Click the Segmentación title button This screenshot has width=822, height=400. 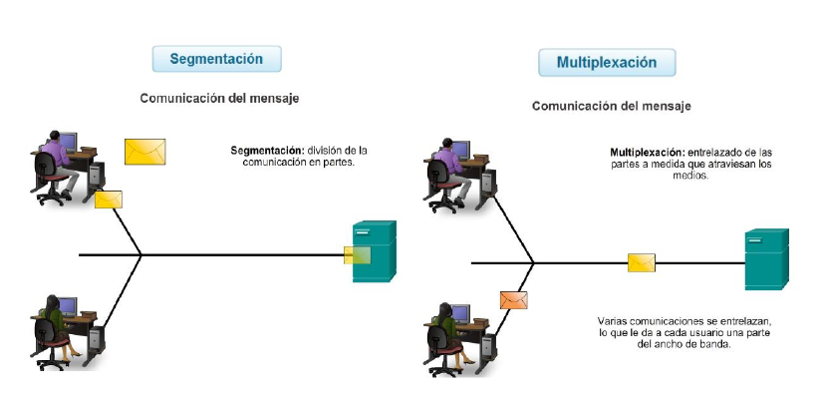pos(215,59)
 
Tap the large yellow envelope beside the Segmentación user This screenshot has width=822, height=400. pos(144,151)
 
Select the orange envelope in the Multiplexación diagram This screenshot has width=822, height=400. pos(513,298)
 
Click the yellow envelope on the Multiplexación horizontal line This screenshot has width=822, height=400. pos(641,262)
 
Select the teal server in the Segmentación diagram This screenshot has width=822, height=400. pos(374,251)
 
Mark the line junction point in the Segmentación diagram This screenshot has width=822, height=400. pos(141,255)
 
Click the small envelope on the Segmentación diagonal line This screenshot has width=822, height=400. pos(109,200)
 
